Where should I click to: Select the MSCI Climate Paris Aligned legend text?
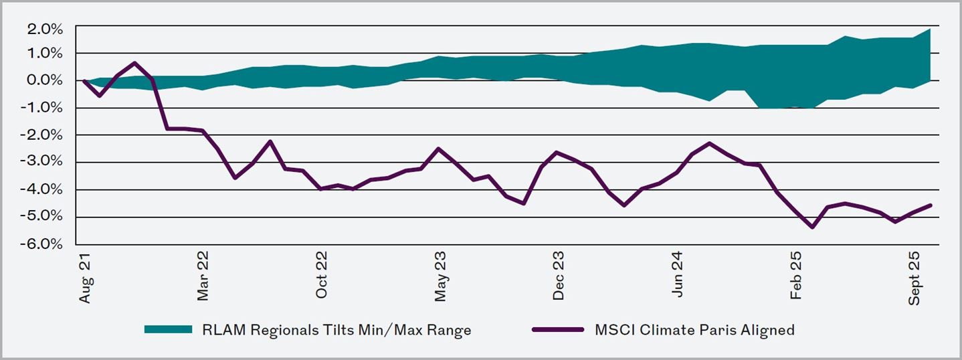coord(694,330)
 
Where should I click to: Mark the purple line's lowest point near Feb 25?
coord(812,228)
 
